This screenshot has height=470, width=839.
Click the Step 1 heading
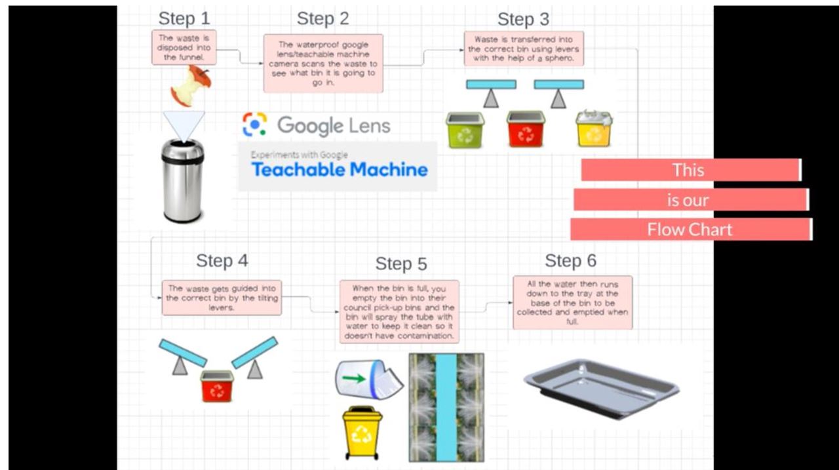pyautogui.click(x=184, y=18)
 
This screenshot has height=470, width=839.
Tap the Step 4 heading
pyautogui.click(x=222, y=260)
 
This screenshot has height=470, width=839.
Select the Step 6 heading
pyautogui.click(x=570, y=261)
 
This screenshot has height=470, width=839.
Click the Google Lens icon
pyautogui.click(x=255, y=125)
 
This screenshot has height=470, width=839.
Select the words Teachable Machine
pyautogui.click(x=340, y=170)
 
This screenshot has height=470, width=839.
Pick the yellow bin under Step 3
pyautogui.click(x=594, y=129)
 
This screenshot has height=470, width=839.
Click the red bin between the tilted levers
pyautogui.click(x=217, y=385)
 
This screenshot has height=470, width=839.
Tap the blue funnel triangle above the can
pyautogui.click(x=184, y=125)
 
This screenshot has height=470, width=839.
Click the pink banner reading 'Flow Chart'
pyautogui.click(x=691, y=229)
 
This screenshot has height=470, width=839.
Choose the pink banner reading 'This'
pyautogui.click(x=690, y=170)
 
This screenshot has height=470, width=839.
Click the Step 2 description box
pyautogui.click(x=323, y=64)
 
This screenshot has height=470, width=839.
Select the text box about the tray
pyautogui.click(x=572, y=302)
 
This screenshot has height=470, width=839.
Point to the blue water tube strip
pyautogui.click(x=446, y=406)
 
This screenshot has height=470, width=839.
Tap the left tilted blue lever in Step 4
pyautogui.click(x=183, y=352)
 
